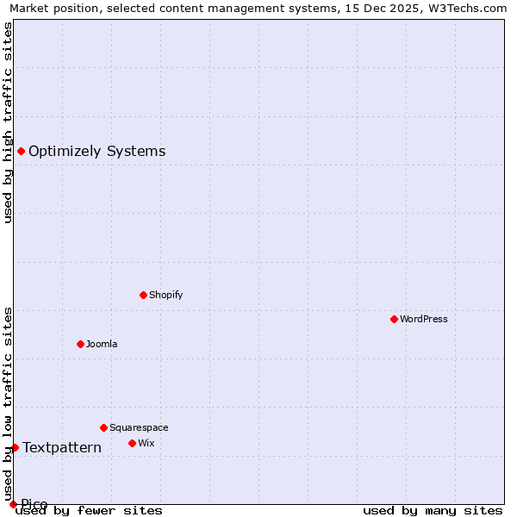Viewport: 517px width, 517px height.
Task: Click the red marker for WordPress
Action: pyautogui.click(x=394, y=319)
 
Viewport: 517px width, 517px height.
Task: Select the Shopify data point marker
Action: pyautogui.click(x=143, y=295)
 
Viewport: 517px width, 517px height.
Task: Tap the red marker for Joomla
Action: pyautogui.click(x=80, y=344)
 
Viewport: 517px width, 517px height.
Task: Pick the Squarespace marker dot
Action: pyautogui.click(x=103, y=427)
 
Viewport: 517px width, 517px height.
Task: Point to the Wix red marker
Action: pyautogui.click(x=132, y=443)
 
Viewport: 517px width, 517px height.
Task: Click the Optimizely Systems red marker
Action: pyautogui.click(x=21, y=152)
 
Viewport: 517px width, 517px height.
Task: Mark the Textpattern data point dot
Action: pyautogui.click(x=15, y=447)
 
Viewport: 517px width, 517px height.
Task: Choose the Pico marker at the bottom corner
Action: pyautogui.click(x=13, y=504)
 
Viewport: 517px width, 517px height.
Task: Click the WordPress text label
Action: pyautogui.click(x=424, y=319)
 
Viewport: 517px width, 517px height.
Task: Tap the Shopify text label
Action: pyautogui.click(x=166, y=295)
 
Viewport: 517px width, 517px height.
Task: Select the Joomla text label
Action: pyautogui.click(x=102, y=344)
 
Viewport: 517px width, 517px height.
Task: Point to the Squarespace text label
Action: pyautogui.click(x=139, y=427)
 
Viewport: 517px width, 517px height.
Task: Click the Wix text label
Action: pyautogui.click(x=146, y=443)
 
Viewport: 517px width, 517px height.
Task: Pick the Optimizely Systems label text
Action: pyautogui.click(x=97, y=152)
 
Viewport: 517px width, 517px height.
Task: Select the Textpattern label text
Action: pyautogui.click(x=62, y=447)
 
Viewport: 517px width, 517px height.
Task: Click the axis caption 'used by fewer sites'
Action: pyautogui.click(x=90, y=510)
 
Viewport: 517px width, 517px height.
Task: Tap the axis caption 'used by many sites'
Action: pyautogui.click(x=433, y=510)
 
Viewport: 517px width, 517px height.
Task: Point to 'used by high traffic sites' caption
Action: pyautogui.click(x=8, y=122)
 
